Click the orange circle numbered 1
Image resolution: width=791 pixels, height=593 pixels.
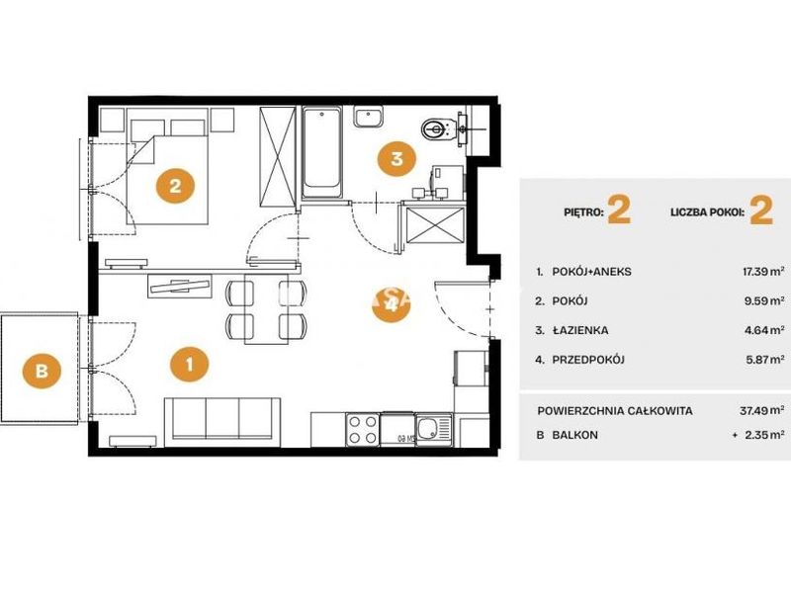[189, 364]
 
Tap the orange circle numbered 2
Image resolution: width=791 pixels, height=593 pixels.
[175, 187]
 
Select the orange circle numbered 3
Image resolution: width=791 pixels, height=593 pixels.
[397, 158]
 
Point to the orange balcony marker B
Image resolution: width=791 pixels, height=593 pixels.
[42, 372]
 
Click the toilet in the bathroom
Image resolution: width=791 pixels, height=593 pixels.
[435, 128]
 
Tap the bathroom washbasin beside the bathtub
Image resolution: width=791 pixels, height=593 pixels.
[368, 117]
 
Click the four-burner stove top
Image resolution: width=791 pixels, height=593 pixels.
[363, 429]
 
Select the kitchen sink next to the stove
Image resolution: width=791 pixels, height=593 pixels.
[434, 429]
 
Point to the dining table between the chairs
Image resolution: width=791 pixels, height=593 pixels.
[266, 309]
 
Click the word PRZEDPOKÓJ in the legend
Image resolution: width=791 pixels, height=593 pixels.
[588, 360]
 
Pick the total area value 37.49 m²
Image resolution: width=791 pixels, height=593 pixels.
[761, 410]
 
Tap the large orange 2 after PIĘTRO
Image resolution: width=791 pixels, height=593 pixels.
[619, 211]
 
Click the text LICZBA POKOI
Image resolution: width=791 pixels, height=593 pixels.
[707, 212]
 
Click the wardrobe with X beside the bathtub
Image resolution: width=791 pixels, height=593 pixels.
[277, 156]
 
